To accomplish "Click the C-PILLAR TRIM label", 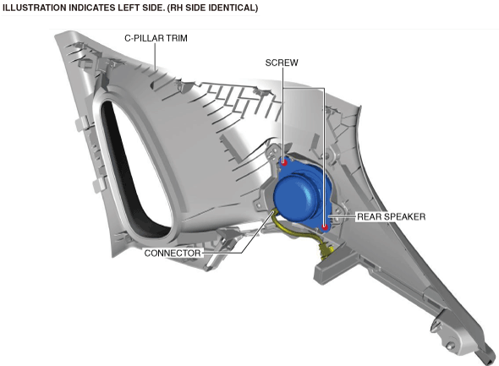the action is (x=156, y=38).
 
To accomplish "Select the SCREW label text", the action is (x=282, y=63).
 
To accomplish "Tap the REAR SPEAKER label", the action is (x=391, y=217).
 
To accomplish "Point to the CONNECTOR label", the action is (x=173, y=253).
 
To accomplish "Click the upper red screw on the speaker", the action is (x=284, y=163).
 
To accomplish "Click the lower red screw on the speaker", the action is (x=325, y=227).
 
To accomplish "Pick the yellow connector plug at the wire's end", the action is (x=326, y=249).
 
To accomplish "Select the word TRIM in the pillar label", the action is (x=176, y=38).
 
